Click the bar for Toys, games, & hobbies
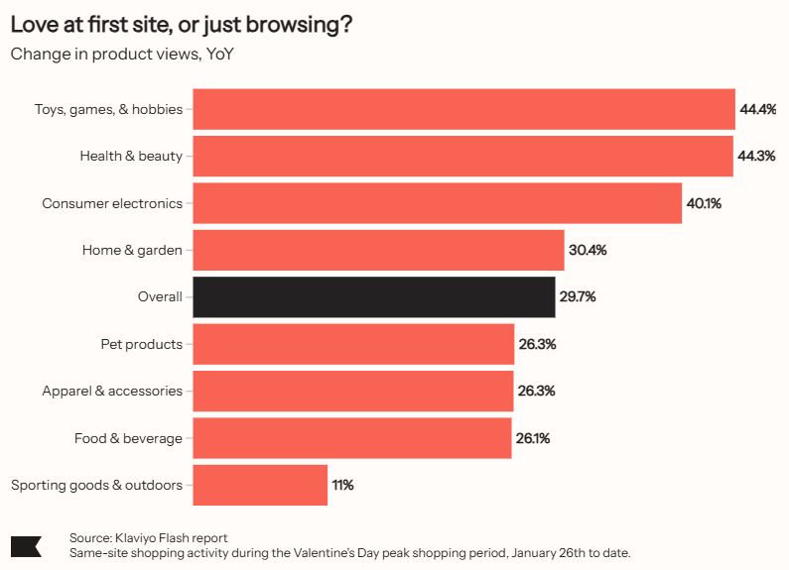point(463,109)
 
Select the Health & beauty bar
point(462,157)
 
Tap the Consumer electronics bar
point(437,203)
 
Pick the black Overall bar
point(373,297)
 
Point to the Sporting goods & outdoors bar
point(260,485)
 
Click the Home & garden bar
point(378,250)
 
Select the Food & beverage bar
point(352,438)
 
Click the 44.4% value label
point(757,109)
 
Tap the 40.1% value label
point(704,203)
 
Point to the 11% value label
point(342,485)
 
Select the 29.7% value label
point(577,297)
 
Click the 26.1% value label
point(534,438)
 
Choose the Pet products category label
point(141,344)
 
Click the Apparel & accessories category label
point(112,391)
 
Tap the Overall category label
point(160,297)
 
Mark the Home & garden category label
point(132,250)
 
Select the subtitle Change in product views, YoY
point(122,54)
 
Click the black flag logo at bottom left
point(26,545)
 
